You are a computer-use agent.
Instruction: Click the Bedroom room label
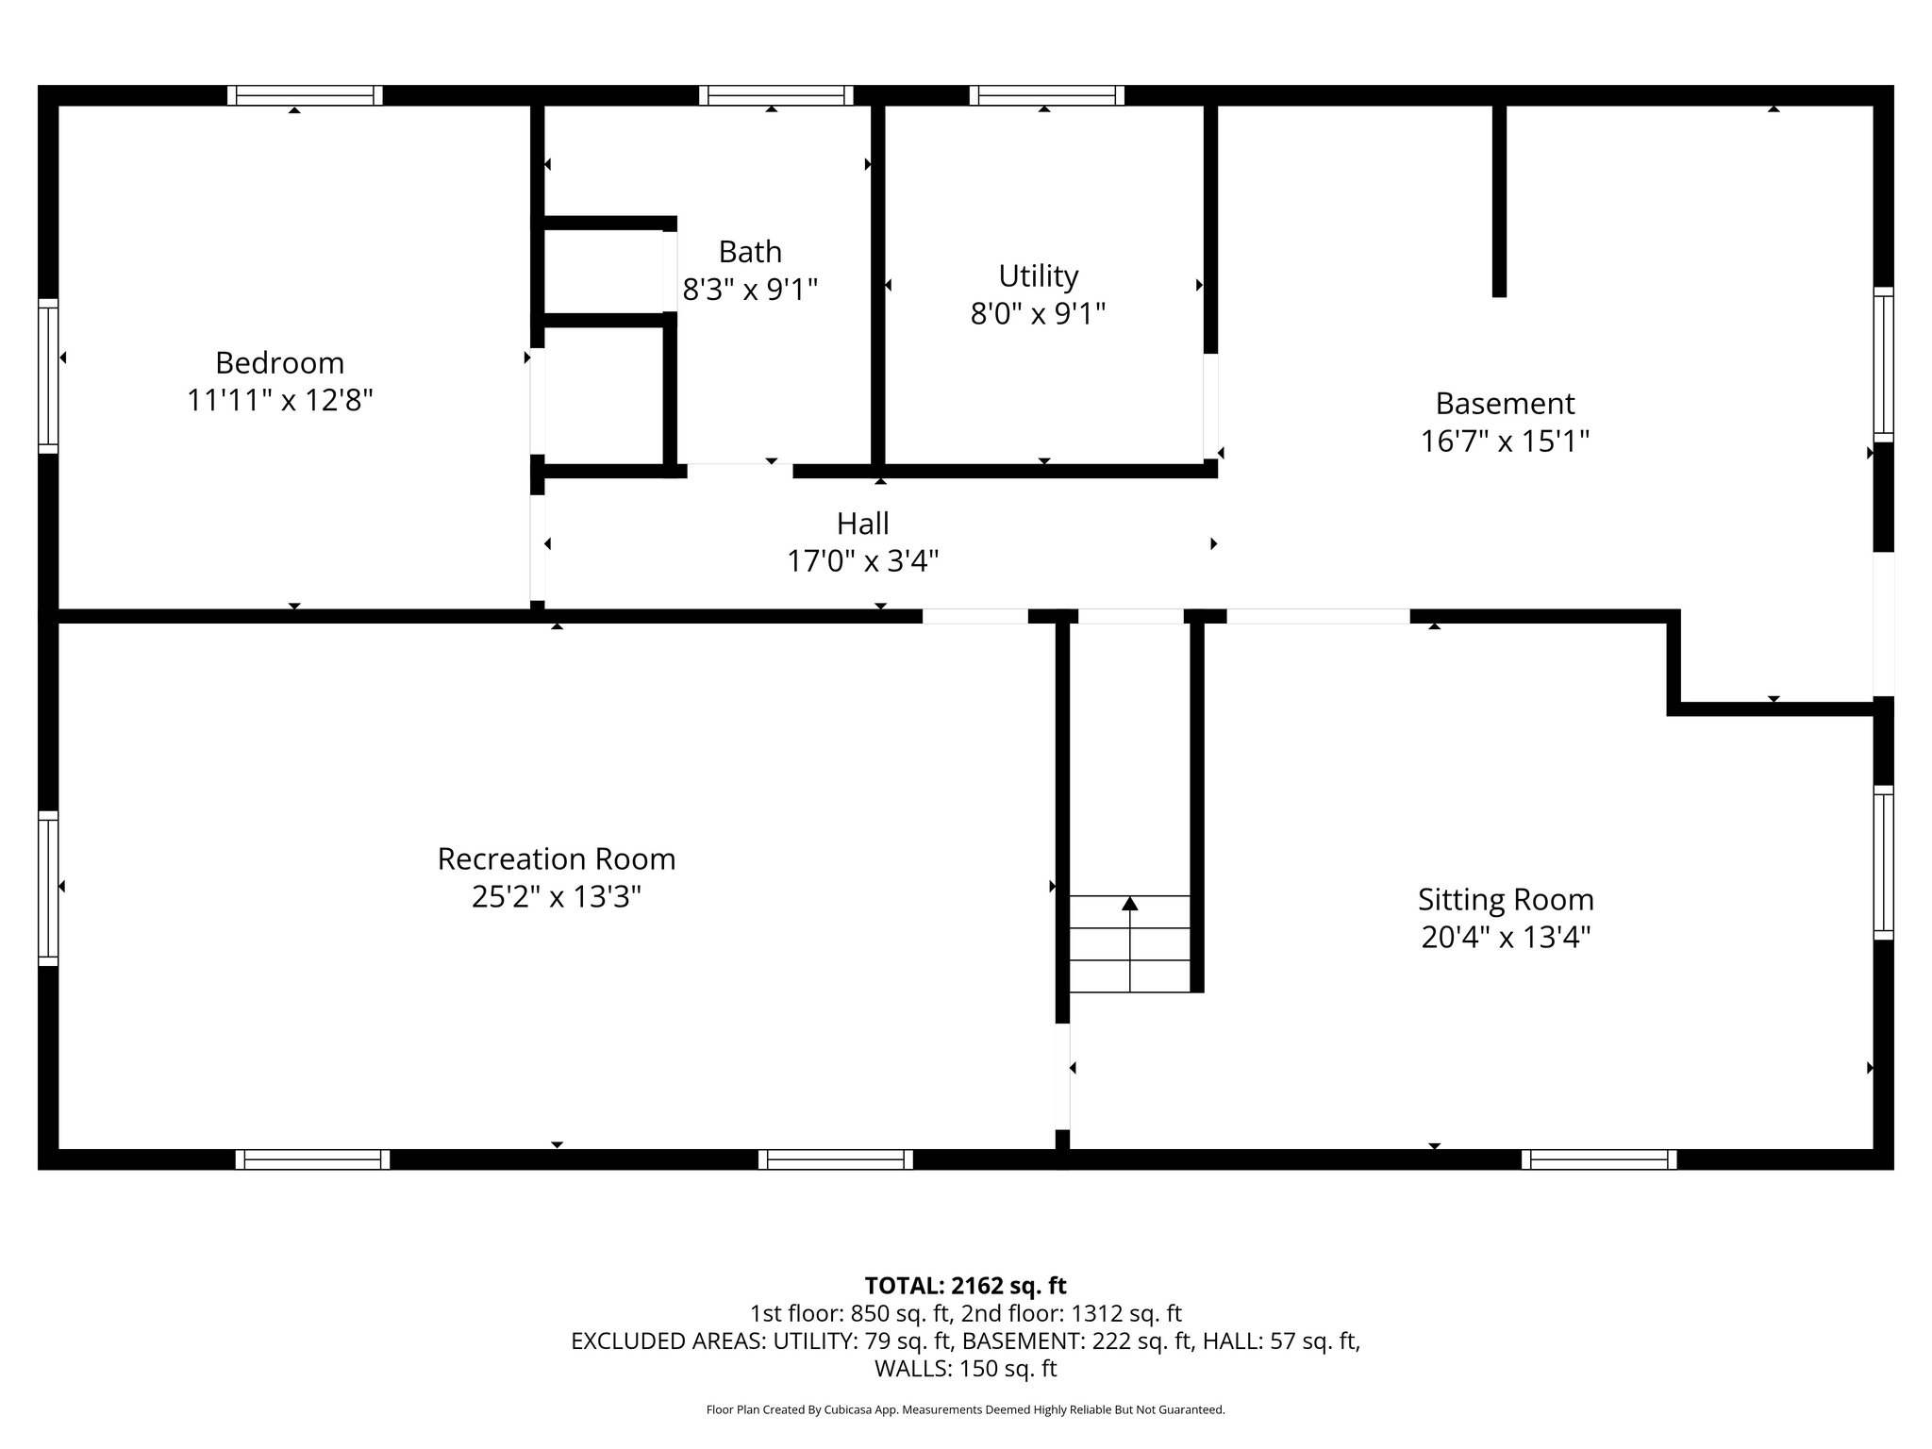click(279, 363)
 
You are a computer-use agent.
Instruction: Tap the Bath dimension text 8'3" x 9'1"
click(750, 290)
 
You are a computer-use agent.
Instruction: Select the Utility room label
click(1038, 276)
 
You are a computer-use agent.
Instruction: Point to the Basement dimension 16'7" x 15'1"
click(1505, 441)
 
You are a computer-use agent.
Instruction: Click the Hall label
click(862, 524)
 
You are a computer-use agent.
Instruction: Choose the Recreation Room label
click(557, 859)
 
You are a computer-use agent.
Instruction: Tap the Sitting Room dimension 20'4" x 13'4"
click(1506, 938)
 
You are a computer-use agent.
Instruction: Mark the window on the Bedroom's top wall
click(305, 95)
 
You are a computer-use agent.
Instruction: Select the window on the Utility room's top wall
click(1046, 95)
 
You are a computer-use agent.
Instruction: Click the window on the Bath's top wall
click(775, 95)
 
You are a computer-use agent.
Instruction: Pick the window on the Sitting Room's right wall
click(1883, 862)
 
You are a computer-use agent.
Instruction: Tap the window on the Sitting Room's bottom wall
click(1599, 1159)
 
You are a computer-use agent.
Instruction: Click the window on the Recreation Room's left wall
click(48, 888)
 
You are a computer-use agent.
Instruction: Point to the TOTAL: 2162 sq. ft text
click(965, 1286)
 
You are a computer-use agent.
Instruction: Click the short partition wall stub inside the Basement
click(1499, 200)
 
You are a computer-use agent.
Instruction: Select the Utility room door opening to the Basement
click(1210, 406)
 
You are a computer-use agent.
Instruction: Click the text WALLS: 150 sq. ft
click(965, 1368)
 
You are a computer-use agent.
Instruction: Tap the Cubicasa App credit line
click(965, 1409)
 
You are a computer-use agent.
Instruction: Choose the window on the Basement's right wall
click(1883, 364)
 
